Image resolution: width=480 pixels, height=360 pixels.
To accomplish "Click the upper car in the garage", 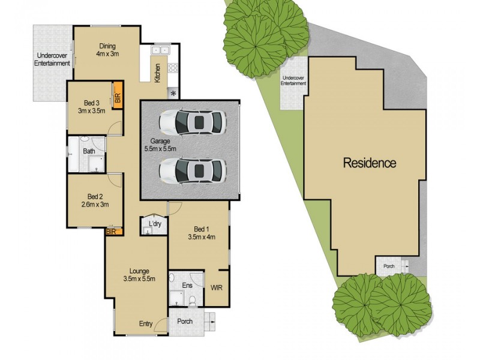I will [193, 123].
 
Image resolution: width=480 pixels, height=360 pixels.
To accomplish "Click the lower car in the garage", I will [193, 170].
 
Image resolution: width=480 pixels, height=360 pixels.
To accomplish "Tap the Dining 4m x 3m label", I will [107, 50].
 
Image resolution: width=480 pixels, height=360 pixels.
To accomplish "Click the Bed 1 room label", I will [201, 232].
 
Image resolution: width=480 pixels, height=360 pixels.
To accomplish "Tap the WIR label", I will [217, 287].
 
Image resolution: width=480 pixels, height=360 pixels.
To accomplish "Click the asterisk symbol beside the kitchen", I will [173, 93].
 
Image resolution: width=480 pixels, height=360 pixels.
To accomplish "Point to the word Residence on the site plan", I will [370, 162].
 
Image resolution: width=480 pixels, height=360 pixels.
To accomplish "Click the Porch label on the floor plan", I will [185, 322].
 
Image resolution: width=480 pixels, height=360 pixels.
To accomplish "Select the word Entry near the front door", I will [146, 324].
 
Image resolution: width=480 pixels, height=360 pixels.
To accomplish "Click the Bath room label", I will [89, 151].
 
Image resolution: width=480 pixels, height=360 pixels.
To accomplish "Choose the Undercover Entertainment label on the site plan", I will [294, 81].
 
